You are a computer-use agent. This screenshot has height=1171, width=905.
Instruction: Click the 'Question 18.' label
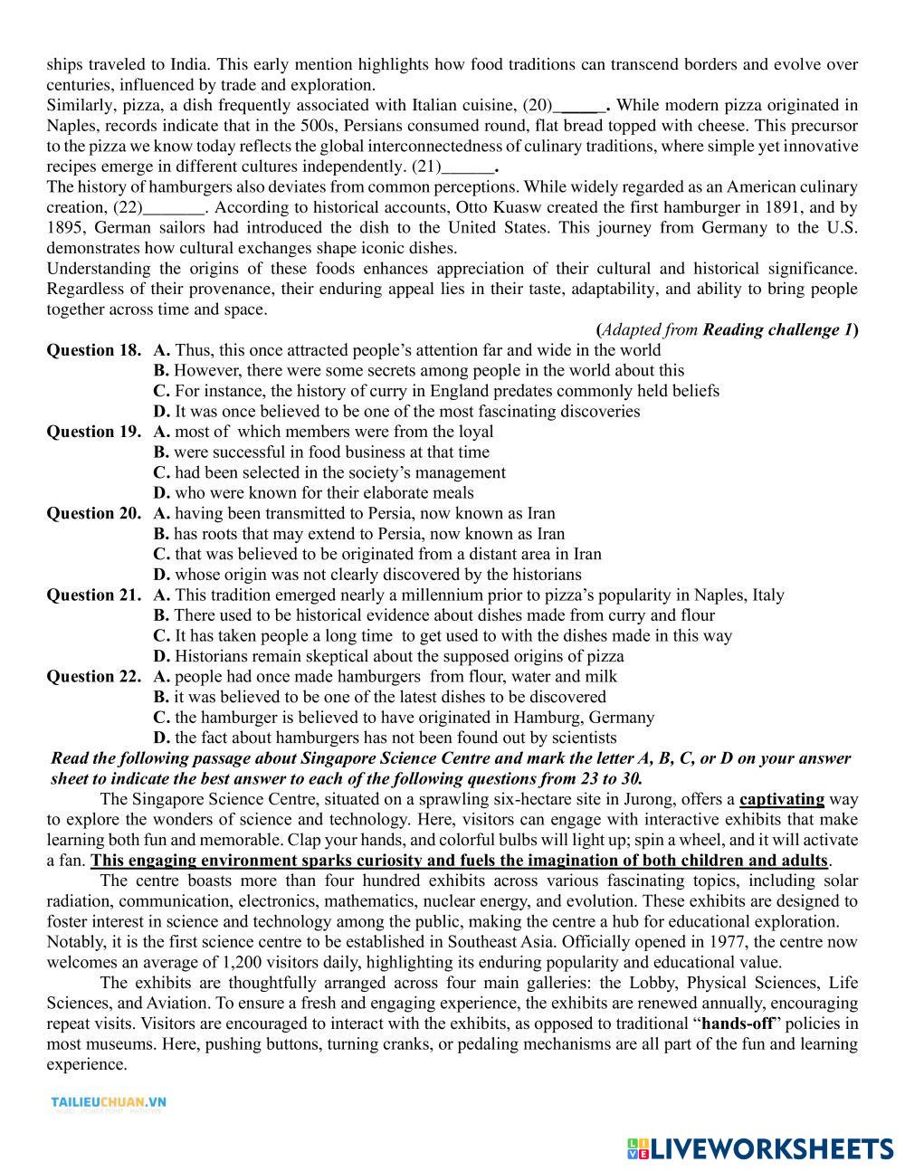(93, 350)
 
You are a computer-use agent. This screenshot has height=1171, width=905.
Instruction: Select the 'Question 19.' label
(93, 432)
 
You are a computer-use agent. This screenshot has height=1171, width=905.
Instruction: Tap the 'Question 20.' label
(93, 513)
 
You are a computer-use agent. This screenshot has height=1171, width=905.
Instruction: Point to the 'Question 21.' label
(93, 595)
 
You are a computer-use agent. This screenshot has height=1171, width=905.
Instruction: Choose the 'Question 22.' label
(93, 676)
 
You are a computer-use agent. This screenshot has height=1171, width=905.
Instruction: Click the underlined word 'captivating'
(782, 799)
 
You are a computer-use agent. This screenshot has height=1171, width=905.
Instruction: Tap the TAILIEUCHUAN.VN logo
(108, 1102)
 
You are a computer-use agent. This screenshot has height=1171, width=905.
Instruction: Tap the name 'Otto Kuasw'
(497, 207)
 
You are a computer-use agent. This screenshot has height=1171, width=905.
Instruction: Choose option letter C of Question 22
(161, 718)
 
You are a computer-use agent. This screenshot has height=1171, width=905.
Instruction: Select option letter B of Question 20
(161, 534)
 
